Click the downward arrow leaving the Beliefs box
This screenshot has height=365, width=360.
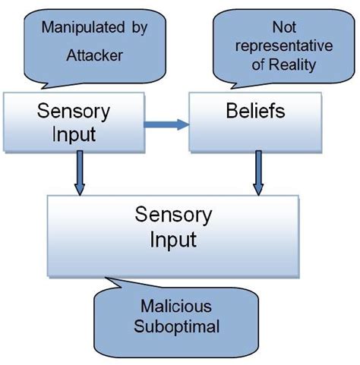coord(258,171)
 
